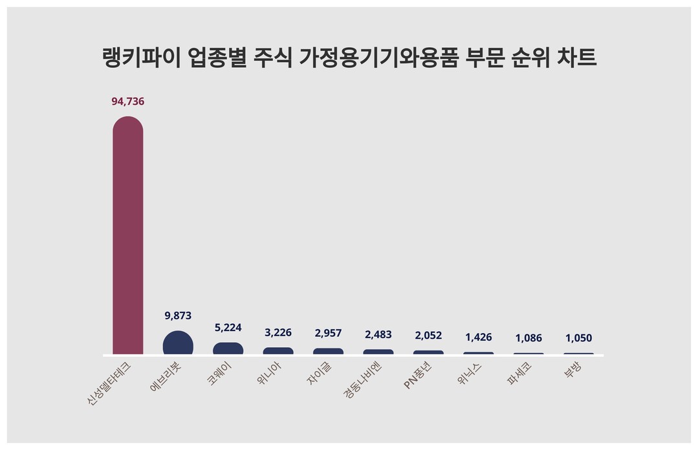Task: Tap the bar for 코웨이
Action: (x=228, y=348)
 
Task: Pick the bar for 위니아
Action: (x=278, y=351)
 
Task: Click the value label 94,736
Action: (x=127, y=102)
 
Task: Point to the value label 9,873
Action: (x=178, y=316)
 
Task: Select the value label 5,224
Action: (x=228, y=328)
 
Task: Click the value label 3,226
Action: (x=278, y=332)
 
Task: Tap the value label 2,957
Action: (x=328, y=333)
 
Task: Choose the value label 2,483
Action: (x=378, y=334)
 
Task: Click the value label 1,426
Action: (x=479, y=337)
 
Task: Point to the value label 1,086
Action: (x=529, y=337)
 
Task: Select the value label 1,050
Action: (x=578, y=337)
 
